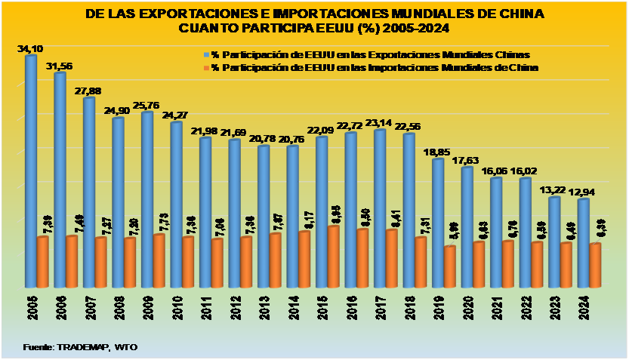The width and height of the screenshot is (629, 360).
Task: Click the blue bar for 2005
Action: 31,174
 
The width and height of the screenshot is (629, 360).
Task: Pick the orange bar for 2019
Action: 450,268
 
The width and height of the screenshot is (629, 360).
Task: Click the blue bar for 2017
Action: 380,210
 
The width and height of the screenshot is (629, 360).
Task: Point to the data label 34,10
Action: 29,49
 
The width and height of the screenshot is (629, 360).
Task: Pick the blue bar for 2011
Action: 205,214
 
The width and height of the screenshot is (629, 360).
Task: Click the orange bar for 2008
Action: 130,264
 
